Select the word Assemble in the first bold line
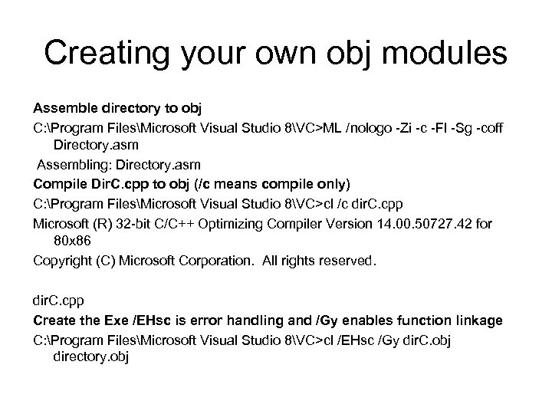click(x=61, y=105)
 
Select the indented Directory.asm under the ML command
click(x=96, y=143)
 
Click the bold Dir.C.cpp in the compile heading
click(x=117, y=184)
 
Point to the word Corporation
click(x=215, y=261)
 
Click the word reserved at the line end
click(x=350, y=261)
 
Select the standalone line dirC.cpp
click(x=57, y=301)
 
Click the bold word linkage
click(x=479, y=320)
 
